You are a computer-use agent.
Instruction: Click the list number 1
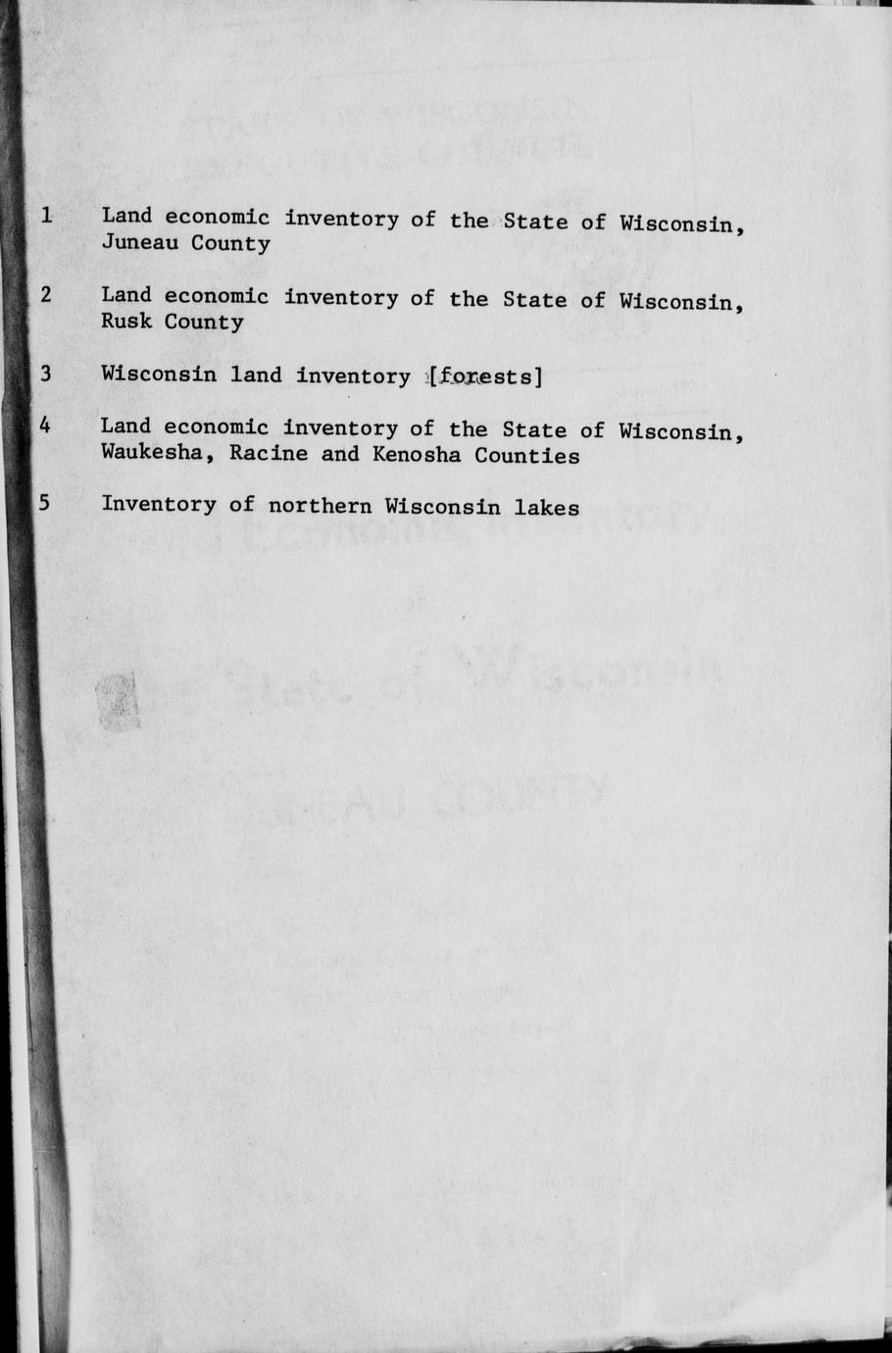(x=46, y=213)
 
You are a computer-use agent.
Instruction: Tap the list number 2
(x=46, y=293)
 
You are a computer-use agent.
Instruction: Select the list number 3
(x=46, y=373)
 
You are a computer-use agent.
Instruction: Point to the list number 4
(x=46, y=426)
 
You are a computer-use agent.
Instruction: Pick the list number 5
(x=45, y=503)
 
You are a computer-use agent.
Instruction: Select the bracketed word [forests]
(x=484, y=376)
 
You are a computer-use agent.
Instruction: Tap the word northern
(x=320, y=506)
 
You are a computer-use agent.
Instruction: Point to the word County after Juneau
(x=230, y=243)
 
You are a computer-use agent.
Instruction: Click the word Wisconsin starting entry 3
(x=159, y=374)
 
